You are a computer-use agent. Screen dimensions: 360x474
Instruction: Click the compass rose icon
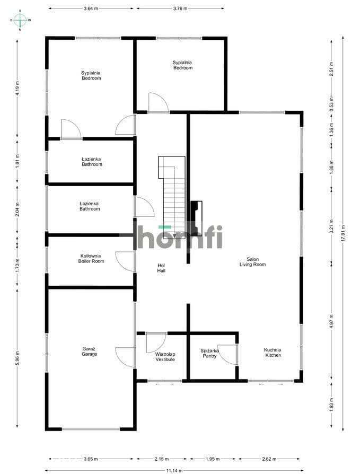pyautogui.click(x=20, y=20)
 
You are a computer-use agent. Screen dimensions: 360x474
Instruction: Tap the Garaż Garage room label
pyautogui.click(x=90, y=352)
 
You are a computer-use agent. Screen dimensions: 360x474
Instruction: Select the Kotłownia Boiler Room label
pyautogui.click(x=91, y=258)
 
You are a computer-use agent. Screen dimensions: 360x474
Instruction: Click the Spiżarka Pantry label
pyautogui.click(x=209, y=354)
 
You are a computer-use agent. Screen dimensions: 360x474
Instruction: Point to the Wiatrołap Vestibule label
pyautogui.click(x=165, y=357)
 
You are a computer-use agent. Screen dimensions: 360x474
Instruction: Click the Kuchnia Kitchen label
pyautogui.click(x=273, y=353)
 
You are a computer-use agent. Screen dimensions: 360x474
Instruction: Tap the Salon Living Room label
pyautogui.click(x=253, y=262)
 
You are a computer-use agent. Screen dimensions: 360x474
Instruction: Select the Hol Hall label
pyautogui.click(x=161, y=268)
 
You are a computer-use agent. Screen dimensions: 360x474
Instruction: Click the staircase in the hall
pyautogui.click(x=172, y=197)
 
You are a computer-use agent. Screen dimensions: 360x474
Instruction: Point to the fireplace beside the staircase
pyautogui.click(x=197, y=218)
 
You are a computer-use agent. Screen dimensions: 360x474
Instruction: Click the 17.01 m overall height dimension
pyautogui.click(x=343, y=233)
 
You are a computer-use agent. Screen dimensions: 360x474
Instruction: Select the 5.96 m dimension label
pyautogui.click(x=17, y=358)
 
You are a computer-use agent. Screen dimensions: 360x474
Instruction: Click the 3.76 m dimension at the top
pyautogui.click(x=180, y=8)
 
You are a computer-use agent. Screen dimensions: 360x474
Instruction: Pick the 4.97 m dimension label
pyautogui.click(x=331, y=321)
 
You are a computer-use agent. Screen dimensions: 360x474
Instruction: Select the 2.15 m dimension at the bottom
pyautogui.click(x=161, y=459)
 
